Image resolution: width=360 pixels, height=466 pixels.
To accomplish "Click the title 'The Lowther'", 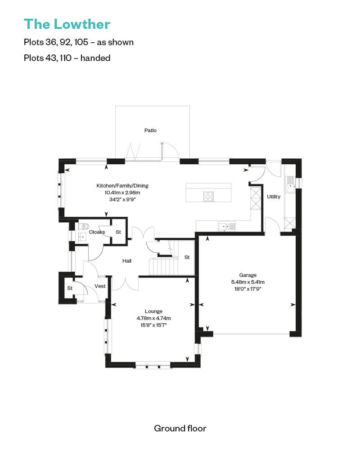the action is pos(67,24).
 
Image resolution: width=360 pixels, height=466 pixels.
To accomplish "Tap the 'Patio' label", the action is pos(150,130).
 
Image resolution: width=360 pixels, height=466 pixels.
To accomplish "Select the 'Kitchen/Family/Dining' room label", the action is pos(122,186).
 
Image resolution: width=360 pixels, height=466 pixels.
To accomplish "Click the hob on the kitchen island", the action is pos(208,197).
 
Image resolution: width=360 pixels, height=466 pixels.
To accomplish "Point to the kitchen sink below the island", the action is pos(227,226).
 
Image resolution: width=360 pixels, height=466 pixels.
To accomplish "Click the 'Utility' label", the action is pos(274,197).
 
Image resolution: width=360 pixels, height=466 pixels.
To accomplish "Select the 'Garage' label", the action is pos(247,275).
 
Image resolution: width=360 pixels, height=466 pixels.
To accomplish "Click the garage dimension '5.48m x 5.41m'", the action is pos(247,282).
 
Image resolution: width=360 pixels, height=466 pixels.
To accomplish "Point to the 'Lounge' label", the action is pos(153,311).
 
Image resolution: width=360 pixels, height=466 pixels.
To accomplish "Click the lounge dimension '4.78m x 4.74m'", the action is pos(153,318).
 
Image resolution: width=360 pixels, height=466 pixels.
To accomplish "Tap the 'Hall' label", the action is pos(127,261).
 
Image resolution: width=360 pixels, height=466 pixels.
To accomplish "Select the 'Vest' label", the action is pos(100,286).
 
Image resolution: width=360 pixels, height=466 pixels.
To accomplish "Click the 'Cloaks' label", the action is pos(97,232).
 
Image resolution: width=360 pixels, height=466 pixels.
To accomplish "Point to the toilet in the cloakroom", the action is pos(84,226).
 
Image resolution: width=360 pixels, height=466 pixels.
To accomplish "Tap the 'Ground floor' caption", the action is pos(180,428).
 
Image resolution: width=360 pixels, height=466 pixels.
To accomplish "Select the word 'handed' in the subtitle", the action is pos(95,58).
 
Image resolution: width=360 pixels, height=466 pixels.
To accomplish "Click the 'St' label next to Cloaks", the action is pos(118,232).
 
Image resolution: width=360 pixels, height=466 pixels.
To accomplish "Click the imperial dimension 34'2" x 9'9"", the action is pos(122,199).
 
